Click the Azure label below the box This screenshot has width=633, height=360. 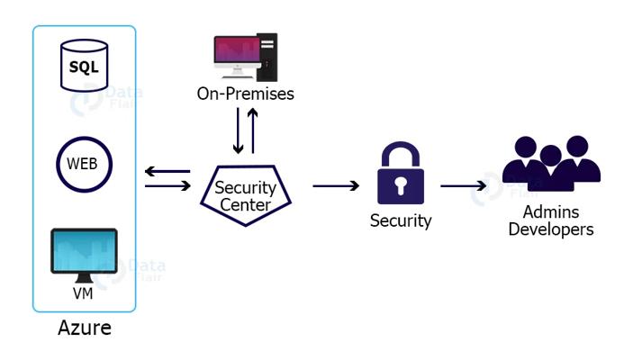84,327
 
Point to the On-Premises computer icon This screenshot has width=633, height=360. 245,58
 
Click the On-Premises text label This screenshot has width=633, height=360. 245,93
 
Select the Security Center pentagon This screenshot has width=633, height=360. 245,190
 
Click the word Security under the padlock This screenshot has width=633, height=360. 401,220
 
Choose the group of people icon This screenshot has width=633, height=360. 551,165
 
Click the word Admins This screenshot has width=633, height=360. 551,212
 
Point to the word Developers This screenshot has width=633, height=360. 551,229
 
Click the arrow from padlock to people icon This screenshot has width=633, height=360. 468,186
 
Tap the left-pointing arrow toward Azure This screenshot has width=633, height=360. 167,171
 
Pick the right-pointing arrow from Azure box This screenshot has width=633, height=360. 167,186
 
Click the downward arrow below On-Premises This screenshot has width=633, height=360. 238,131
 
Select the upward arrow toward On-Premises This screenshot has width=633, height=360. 253,131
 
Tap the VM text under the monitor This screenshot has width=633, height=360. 84,294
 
